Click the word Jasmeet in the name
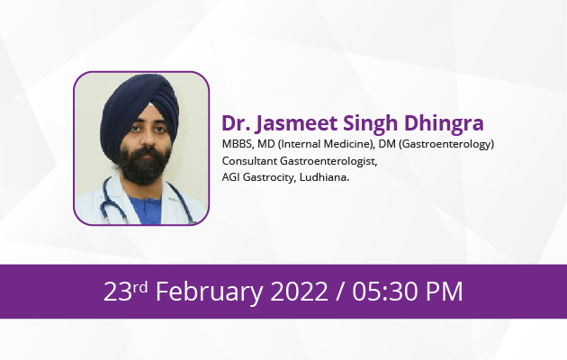click(x=296, y=123)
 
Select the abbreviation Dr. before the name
click(x=236, y=123)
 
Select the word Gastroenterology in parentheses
click(x=446, y=144)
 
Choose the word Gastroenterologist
click(x=328, y=161)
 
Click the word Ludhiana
click(x=324, y=177)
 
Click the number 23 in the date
click(x=118, y=292)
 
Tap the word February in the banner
click(x=210, y=292)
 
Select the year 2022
click(x=300, y=292)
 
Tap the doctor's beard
click(x=144, y=165)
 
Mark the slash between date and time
click(x=340, y=292)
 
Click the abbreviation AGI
click(x=230, y=177)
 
